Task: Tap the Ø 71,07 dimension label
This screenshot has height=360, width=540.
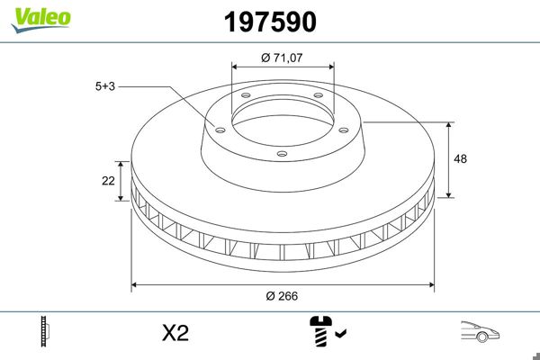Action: click(x=283, y=58)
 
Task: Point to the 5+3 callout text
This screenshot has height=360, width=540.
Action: click(x=106, y=86)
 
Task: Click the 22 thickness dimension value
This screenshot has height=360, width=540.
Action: click(x=108, y=181)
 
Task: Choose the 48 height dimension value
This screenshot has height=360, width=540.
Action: click(x=462, y=158)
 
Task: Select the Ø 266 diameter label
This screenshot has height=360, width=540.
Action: click(x=283, y=296)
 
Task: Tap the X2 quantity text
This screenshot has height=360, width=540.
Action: click(x=175, y=333)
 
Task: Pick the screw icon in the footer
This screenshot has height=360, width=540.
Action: click(x=319, y=332)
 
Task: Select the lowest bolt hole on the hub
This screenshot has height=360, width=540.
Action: click(x=281, y=154)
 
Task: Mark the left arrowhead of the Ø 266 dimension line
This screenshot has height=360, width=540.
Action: click(x=136, y=285)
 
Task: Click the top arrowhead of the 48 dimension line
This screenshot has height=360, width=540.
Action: click(x=449, y=124)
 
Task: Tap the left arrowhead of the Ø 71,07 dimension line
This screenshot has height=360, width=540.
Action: click(x=236, y=66)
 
